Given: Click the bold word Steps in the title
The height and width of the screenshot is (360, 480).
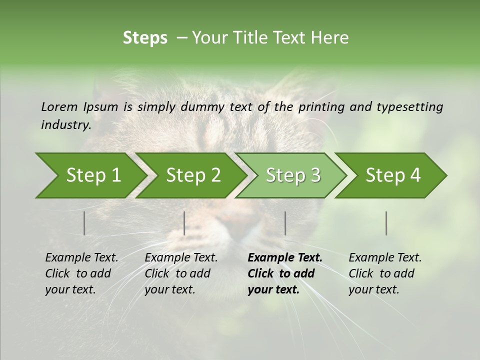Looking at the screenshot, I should [145, 38].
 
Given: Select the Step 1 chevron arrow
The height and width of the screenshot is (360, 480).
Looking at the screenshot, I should [90, 175].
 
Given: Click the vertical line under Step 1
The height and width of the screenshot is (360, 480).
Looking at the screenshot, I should [84, 223].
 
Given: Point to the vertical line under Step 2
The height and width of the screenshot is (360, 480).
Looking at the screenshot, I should [184, 223].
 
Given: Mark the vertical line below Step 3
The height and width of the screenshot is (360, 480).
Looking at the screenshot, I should [285, 223].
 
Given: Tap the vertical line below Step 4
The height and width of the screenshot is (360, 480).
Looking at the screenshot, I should [386, 223].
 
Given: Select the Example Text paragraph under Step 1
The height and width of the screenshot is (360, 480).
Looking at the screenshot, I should [81, 273].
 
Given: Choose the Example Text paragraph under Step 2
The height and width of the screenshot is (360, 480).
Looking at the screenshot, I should [181, 273].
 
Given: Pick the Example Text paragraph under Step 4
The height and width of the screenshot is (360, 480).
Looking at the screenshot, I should [385, 273].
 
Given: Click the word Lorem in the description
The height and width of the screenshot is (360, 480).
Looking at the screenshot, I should [59, 106].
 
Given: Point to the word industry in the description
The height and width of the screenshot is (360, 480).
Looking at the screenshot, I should [66, 125].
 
